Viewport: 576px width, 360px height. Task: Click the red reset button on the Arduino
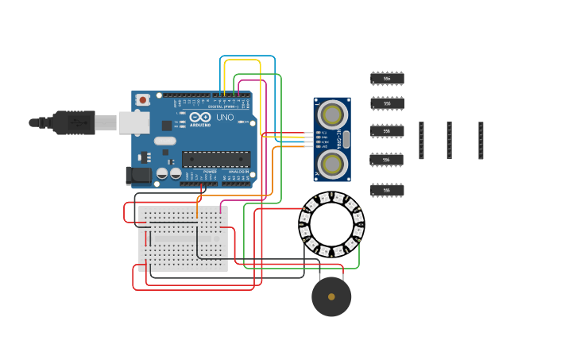coord(143,100)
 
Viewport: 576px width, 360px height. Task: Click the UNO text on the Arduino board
coord(225,118)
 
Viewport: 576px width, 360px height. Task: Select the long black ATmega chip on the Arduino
coord(216,159)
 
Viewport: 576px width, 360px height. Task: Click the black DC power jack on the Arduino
coord(139,176)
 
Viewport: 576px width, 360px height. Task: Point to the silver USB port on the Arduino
coord(133,122)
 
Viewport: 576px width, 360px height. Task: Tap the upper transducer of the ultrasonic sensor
coord(332,115)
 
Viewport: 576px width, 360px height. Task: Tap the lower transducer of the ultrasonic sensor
coord(332,164)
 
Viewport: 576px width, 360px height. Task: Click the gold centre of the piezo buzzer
coord(331,296)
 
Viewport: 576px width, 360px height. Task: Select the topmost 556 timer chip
coord(387,79)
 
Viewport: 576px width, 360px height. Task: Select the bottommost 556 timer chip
coord(387,191)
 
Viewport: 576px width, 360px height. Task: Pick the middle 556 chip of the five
coord(387,131)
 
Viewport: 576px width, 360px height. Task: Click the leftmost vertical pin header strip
coord(422,141)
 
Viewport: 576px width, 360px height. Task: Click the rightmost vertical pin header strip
coord(481,141)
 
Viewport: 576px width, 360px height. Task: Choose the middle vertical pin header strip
coord(449,141)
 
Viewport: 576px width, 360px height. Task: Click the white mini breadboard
coord(183,238)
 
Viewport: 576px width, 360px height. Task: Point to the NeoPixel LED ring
coord(331,223)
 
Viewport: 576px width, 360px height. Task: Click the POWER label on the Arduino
coord(210,172)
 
